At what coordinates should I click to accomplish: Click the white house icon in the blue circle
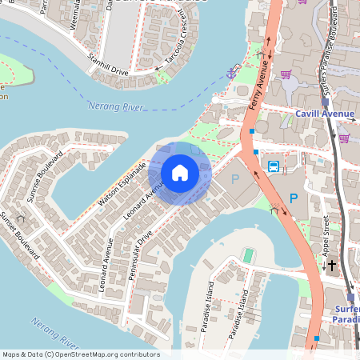(180, 173)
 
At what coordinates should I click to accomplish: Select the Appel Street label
(326, 233)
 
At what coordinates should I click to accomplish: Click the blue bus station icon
(274, 166)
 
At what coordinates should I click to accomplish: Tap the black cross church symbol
(332, 266)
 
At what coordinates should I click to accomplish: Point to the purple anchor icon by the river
(233, 71)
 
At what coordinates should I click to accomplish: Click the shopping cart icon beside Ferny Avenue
(286, 74)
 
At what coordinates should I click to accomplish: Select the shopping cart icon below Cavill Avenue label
(344, 138)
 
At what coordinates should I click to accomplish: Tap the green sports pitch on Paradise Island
(248, 256)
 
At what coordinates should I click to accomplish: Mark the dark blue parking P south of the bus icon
(294, 198)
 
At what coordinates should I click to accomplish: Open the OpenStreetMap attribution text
(81, 354)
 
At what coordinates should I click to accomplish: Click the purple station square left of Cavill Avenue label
(325, 102)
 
